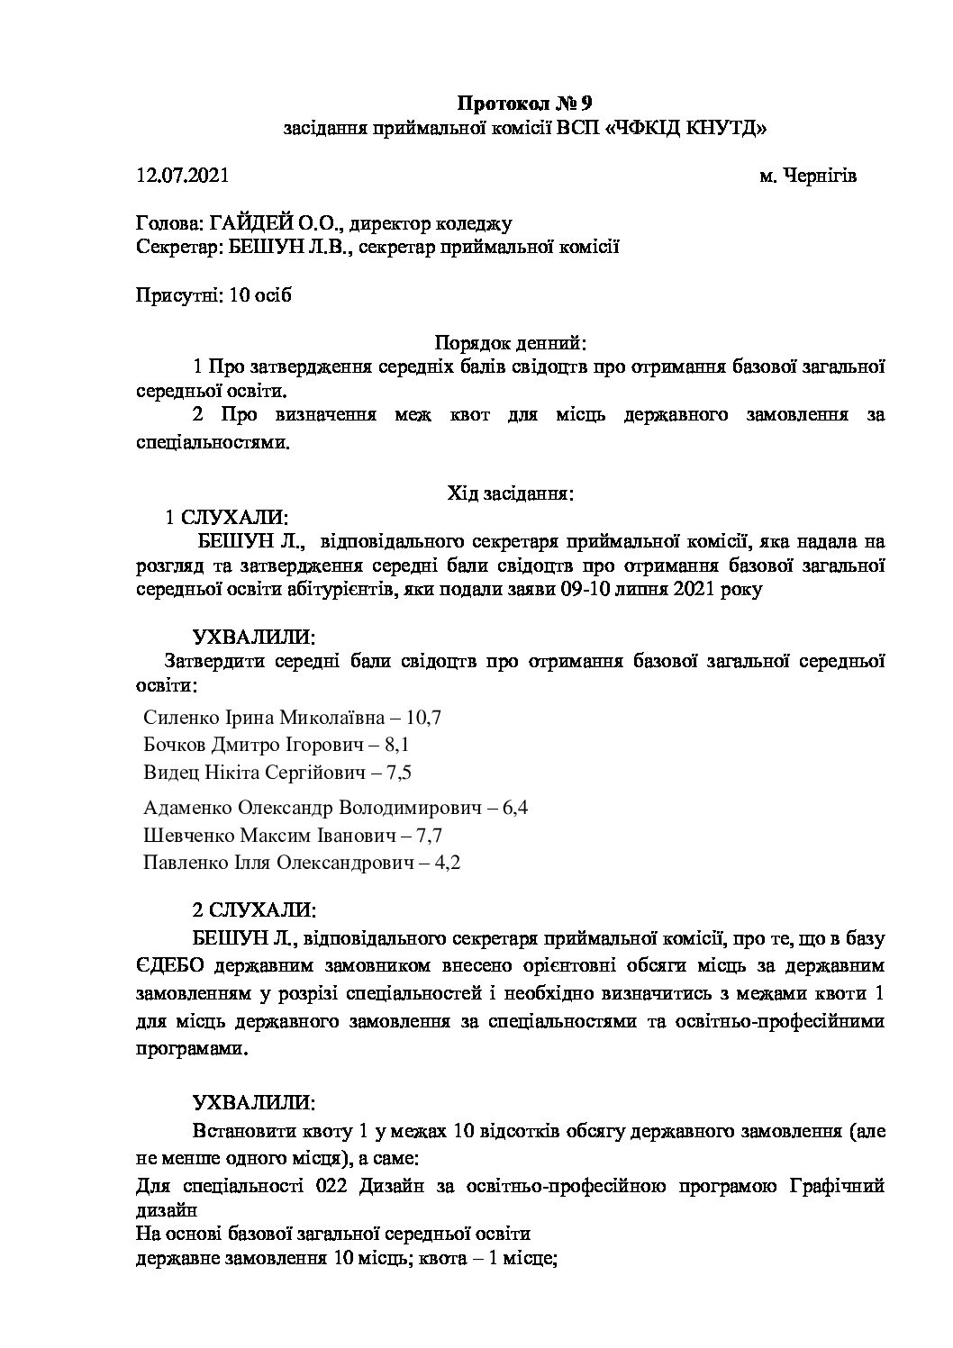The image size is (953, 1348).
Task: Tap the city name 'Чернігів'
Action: click(x=820, y=176)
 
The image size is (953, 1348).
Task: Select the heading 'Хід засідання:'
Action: click(x=511, y=493)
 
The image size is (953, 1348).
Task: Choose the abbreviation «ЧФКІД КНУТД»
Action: click(x=689, y=128)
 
